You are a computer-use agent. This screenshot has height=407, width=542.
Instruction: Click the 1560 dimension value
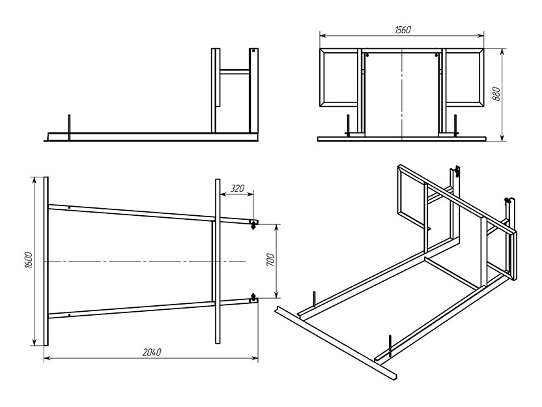403,30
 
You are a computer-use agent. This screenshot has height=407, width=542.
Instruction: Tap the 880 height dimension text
496,94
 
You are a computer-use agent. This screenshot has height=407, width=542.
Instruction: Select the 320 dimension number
237,188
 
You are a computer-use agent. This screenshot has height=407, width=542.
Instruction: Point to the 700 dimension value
270,260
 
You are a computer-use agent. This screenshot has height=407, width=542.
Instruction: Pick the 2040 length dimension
152,352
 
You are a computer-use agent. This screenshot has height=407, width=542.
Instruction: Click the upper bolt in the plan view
253,224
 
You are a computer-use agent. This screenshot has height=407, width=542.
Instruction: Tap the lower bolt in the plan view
253,297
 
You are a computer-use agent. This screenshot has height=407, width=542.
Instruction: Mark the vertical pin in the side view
69,127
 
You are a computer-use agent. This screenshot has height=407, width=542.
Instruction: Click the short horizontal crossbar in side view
235,72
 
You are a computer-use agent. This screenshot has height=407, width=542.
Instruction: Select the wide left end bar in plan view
46,262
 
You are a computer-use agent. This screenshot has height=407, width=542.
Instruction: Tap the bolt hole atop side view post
253,51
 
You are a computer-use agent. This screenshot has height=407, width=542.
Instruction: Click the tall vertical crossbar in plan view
218,262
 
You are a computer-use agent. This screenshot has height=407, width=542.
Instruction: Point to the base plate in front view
402,139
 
